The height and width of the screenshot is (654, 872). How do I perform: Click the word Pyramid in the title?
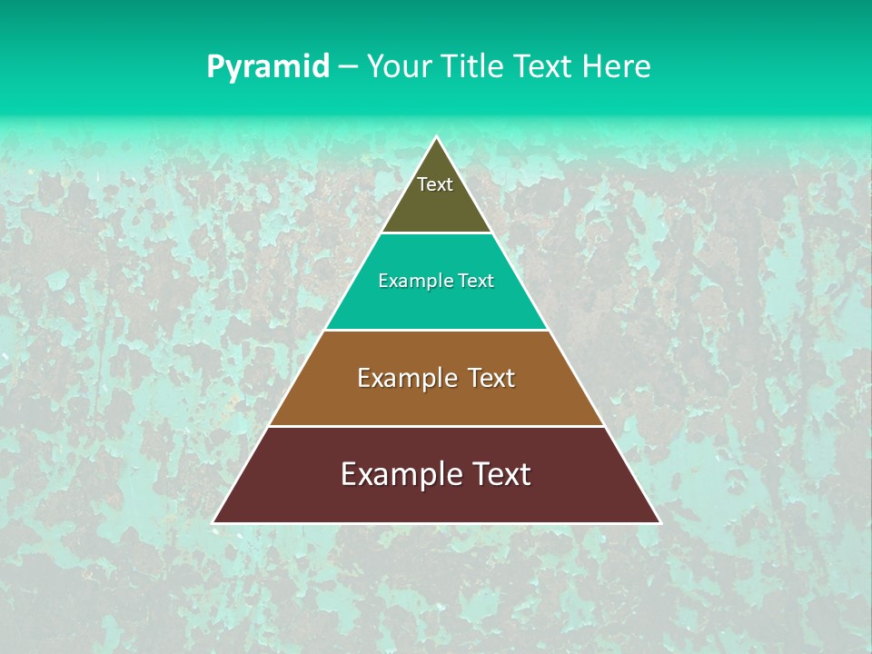point(268,67)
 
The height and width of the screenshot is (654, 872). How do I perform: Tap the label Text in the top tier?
point(435,184)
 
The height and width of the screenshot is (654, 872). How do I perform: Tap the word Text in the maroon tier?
point(500,474)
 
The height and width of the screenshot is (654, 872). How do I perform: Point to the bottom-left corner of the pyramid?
point(214,522)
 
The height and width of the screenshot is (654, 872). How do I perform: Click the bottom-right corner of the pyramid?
point(659,522)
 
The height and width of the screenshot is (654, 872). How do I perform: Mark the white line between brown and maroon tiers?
point(436,426)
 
